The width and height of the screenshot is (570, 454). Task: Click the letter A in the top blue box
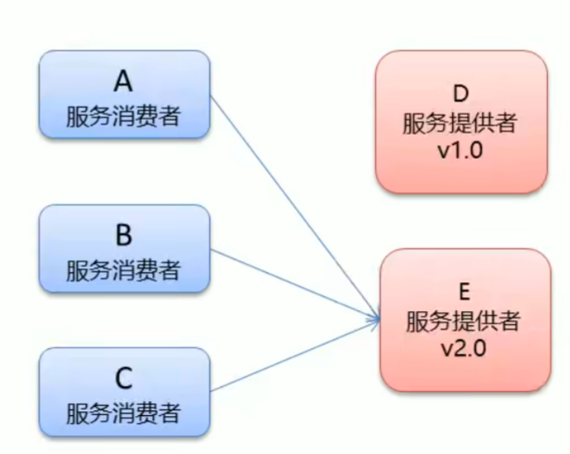(x=123, y=81)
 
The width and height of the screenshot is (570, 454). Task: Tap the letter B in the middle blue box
(x=123, y=235)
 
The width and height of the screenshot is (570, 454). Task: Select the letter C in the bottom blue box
(x=123, y=378)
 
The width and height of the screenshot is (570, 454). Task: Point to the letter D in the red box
(x=460, y=94)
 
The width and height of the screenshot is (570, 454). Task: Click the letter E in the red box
(x=464, y=292)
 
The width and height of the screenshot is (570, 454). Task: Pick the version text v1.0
(x=460, y=149)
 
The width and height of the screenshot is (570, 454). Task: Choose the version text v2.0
(x=463, y=348)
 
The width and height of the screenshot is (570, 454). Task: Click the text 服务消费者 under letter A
(x=123, y=116)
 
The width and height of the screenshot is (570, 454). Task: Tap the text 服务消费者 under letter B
(x=123, y=270)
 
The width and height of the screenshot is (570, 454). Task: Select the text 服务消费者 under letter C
(x=123, y=413)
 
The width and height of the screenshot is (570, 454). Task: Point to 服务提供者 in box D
(x=460, y=123)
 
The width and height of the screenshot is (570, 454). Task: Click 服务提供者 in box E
(x=463, y=321)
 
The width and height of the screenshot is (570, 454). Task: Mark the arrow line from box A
(x=295, y=208)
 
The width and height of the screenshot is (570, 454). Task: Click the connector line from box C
(x=295, y=356)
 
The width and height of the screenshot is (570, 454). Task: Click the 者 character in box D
(x=506, y=123)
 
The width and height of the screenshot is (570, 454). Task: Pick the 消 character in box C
(x=123, y=413)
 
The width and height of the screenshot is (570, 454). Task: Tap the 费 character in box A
(x=146, y=116)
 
